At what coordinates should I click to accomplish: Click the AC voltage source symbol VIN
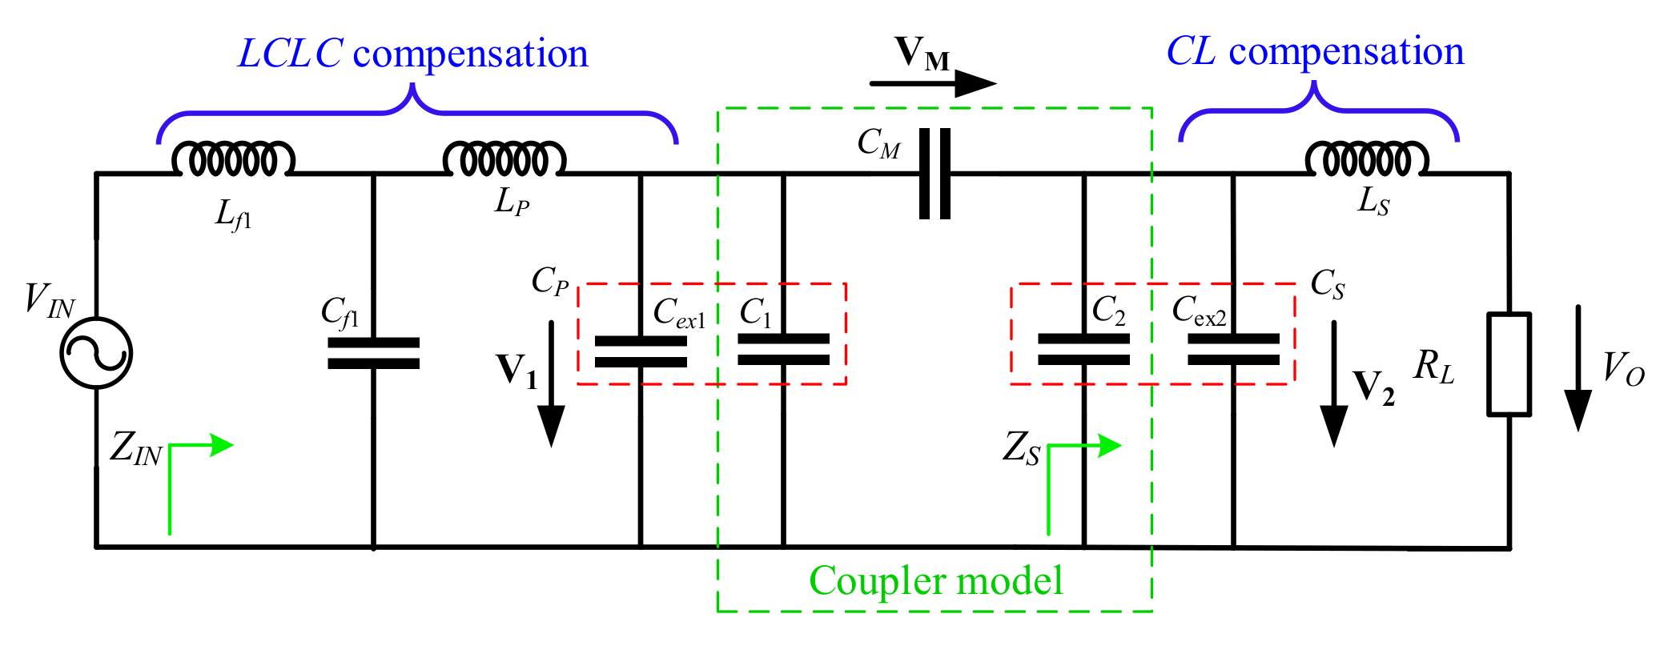point(96,353)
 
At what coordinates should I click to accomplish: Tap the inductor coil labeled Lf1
point(233,160)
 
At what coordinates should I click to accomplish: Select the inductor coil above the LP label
point(504,160)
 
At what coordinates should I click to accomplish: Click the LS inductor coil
point(1367,160)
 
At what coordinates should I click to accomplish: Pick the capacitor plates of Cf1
point(373,353)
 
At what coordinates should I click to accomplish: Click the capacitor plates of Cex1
point(641,351)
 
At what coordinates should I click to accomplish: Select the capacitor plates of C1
point(783,350)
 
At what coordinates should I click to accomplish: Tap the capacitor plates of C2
point(1083,350)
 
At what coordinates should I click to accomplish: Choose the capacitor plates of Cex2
point(1233,350)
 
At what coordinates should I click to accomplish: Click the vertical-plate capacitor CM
point(934,174)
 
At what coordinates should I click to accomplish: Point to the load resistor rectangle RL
point(1509,364)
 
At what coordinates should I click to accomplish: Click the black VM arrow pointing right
point(933,82)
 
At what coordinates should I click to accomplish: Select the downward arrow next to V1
point(551,384)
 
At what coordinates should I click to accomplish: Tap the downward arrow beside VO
point(1578,368)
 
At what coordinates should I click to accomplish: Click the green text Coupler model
point(935,580)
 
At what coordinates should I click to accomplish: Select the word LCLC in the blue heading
point(291,54)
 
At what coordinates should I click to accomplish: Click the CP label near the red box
point(550,281)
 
